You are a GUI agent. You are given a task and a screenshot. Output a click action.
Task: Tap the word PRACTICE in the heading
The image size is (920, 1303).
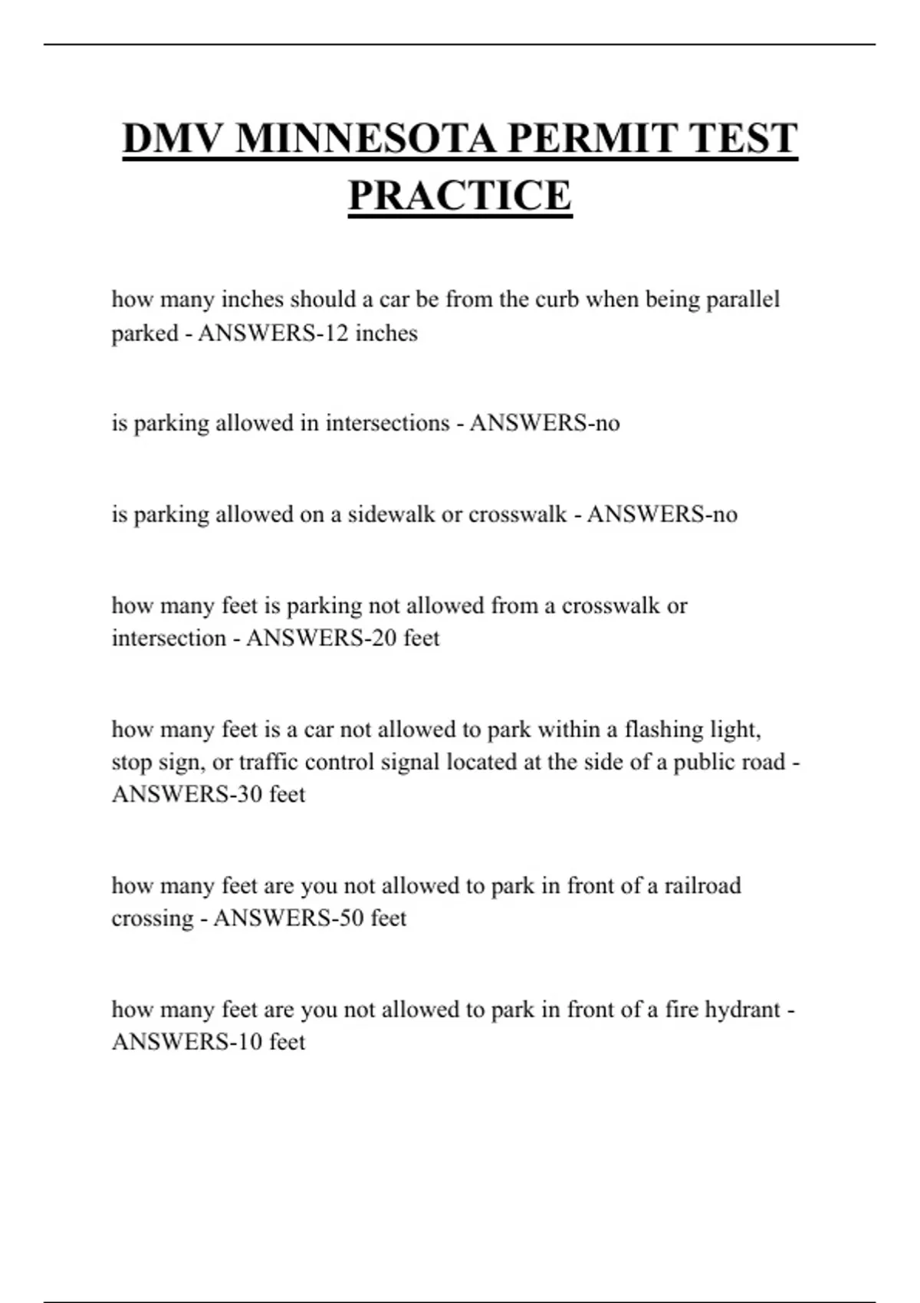pyautogui.click(x=460, y=195)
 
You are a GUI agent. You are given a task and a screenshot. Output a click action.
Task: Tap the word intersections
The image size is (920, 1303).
pyautogui.click(x=387, y=423)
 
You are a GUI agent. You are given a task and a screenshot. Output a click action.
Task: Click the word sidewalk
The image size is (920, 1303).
pyautogui.click(x=392, y=514)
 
